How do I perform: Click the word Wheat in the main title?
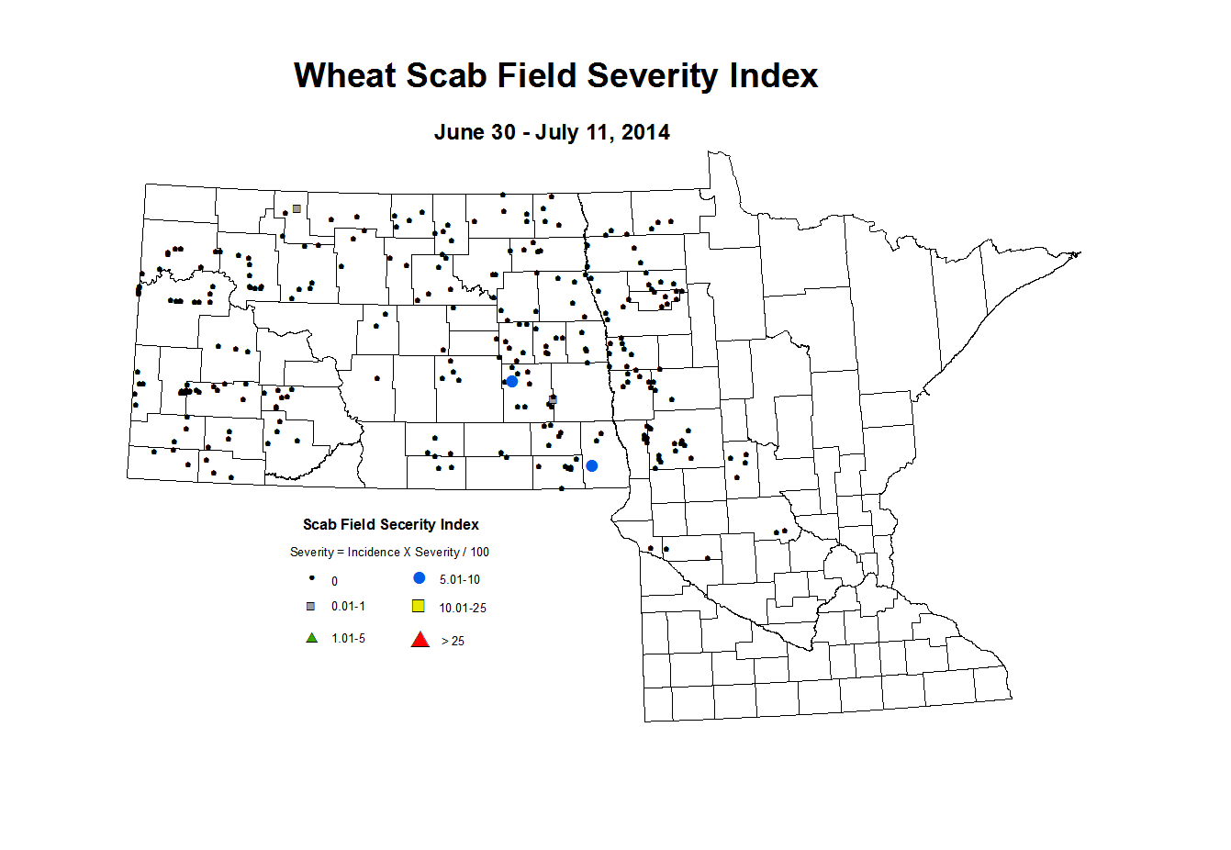(x=344, y=75)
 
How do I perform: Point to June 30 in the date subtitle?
(x=474, y=132)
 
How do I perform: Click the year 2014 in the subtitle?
(x=645, y=132)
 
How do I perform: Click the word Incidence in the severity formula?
(x=374, y=553)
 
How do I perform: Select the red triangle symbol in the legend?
(x=420, y=640)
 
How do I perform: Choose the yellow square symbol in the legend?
(x=419, y=606)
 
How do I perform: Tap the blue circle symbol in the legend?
(x=420, y=578)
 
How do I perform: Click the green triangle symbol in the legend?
(x=312, y=638)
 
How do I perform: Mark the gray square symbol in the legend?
(x=311, y=606)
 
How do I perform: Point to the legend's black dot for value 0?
(x=312, y=578)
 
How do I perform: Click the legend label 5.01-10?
(x=459, y=580)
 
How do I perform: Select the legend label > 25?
(x=453, y=641)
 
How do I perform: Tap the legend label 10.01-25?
(x=463, y=608)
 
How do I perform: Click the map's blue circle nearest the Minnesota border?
(x=592, y=466)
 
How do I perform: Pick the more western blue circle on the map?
(x=512, y=381)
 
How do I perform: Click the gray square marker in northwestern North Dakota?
(x=297, y=209)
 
